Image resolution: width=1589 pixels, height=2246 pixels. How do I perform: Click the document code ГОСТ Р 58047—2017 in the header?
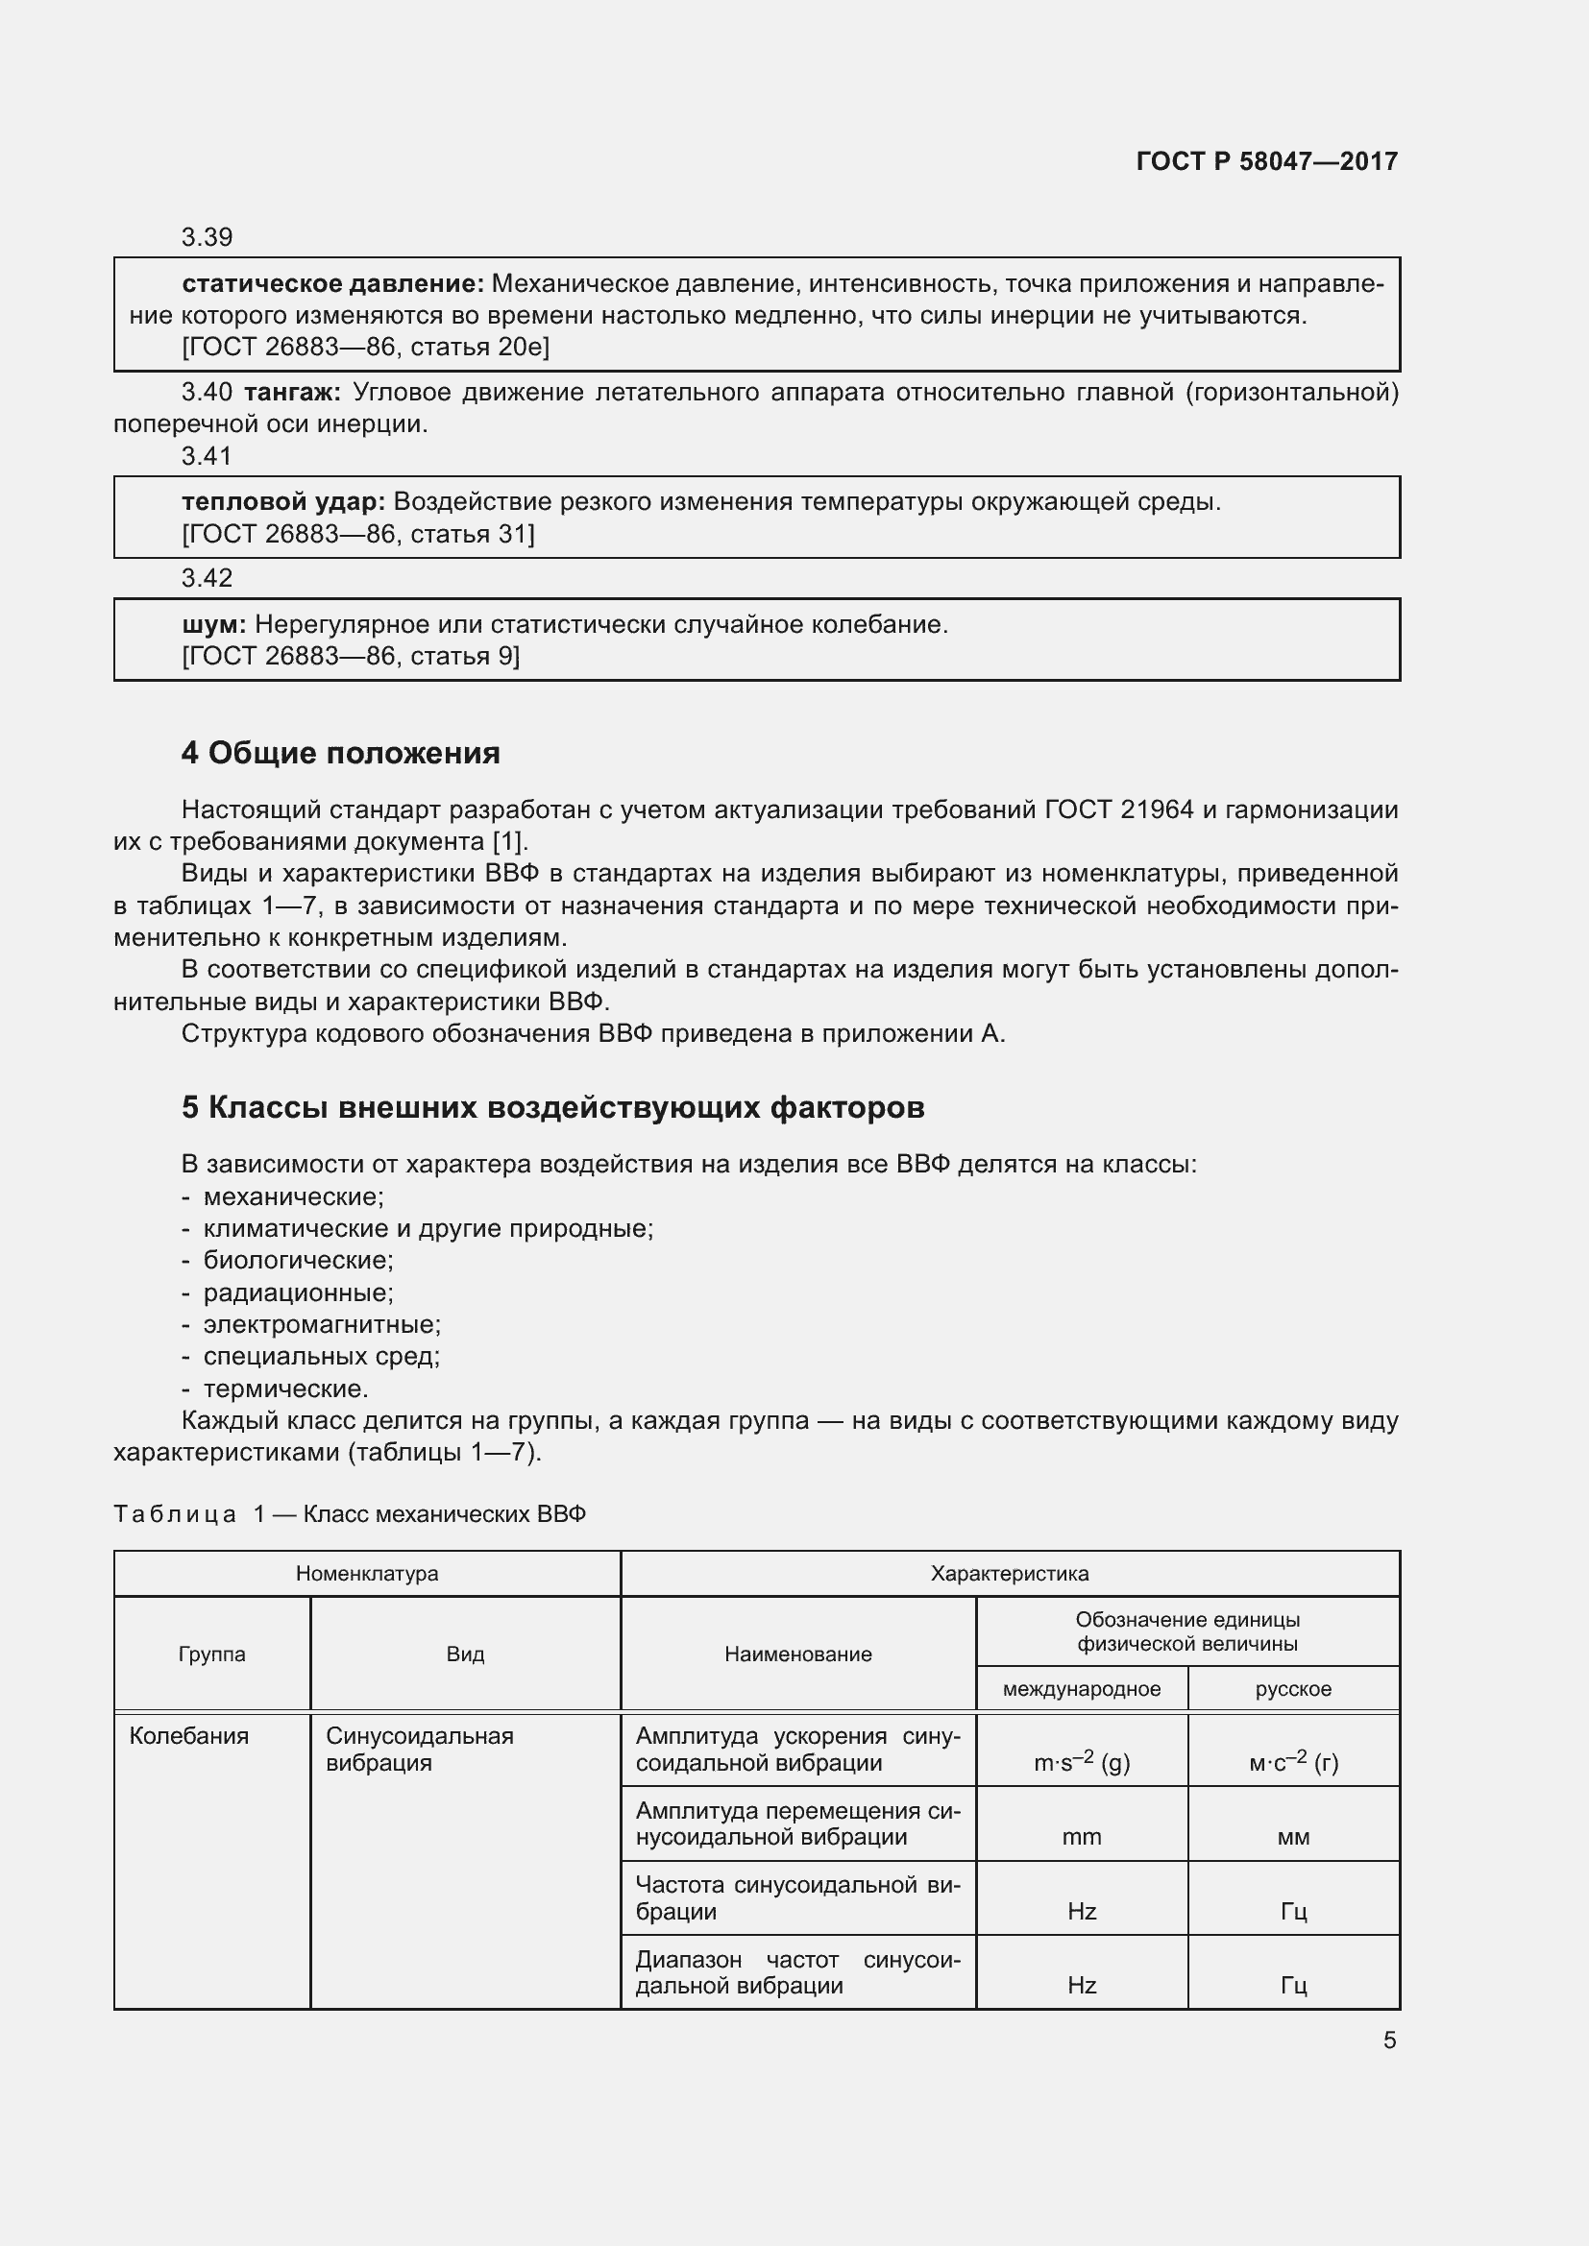coord(1266,161)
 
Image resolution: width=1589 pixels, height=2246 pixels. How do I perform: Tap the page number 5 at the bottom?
coord(1389,2040)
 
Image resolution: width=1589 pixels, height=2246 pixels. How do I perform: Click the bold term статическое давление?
coord(332,283)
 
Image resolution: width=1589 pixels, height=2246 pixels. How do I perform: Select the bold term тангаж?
coord(292,393)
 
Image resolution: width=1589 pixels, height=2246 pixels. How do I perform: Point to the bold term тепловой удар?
coord(283,502)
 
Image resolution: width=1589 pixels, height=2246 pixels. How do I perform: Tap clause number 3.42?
coord(207,578)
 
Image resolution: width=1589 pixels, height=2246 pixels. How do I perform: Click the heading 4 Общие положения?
coord(340,752)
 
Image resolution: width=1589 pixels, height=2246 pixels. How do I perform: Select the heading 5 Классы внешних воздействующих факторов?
coord(552,1106)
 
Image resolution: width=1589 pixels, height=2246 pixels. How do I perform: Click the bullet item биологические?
coord(298,1260)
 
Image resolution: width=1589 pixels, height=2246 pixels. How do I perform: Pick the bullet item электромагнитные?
coord(322,1324)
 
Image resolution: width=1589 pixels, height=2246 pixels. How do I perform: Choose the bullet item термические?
coord(284,1389)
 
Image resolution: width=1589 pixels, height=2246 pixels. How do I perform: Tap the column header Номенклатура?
coord(367,1573)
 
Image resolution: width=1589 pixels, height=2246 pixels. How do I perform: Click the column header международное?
coord(1081,1688)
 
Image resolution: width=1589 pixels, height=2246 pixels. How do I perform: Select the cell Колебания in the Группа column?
coord(189,1735)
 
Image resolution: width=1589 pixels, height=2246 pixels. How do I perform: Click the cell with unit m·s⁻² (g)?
coord(1081,1763)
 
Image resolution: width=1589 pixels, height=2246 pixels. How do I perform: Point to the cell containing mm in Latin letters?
coord(1081,1837)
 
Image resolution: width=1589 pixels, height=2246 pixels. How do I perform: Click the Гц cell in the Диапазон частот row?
coord(1292,1985)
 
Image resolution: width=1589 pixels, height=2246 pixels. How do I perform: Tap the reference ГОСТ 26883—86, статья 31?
coord(358,534)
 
